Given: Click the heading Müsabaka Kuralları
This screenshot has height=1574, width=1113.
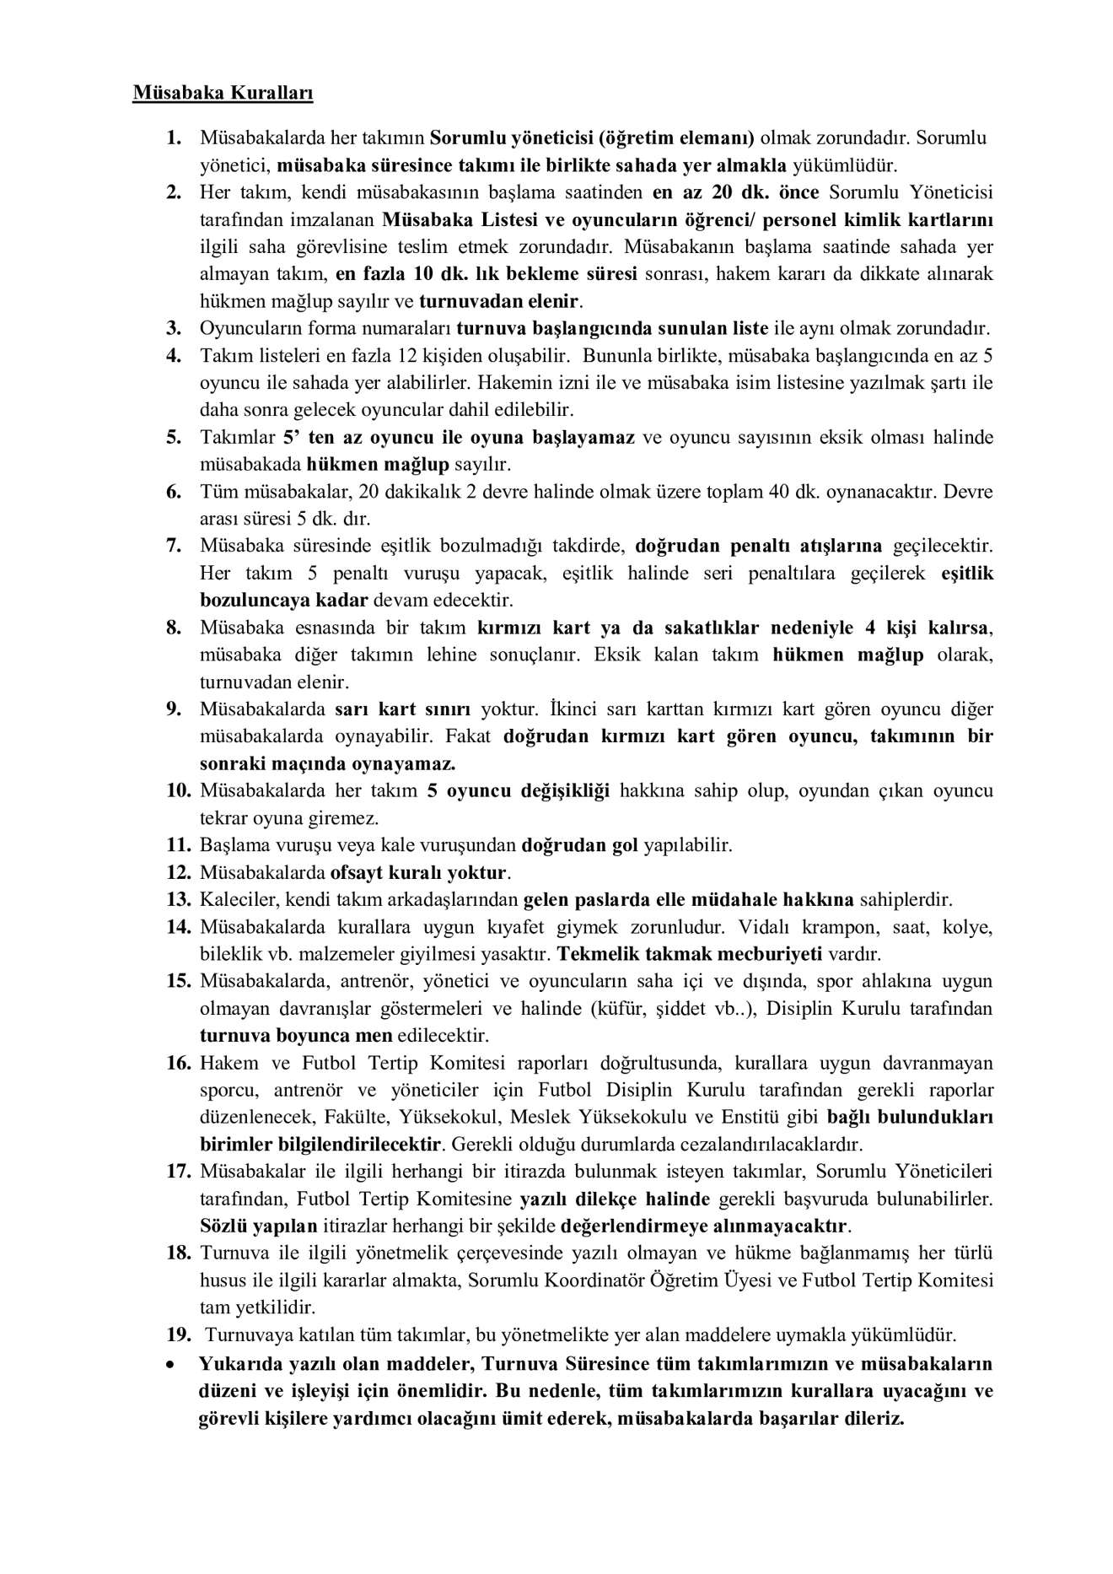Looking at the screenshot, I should (223, 93).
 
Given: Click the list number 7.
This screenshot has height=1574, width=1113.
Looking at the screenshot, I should (174, 546).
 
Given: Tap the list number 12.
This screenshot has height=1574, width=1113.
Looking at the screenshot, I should (179, 871).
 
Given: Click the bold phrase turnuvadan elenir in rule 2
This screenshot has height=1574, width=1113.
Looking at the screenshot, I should (499, 301).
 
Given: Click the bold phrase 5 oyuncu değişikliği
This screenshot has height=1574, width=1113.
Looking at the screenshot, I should (518, 790).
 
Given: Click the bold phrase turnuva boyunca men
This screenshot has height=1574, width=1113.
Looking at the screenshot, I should (296, 1035).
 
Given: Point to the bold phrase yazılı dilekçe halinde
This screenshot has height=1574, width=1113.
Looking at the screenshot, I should (615, 1199).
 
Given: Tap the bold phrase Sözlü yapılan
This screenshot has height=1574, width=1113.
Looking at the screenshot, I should (258, 1226).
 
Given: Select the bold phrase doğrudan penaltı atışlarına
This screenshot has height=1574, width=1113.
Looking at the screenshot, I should (758, 546).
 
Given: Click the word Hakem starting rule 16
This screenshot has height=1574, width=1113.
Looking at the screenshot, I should (225, 1062).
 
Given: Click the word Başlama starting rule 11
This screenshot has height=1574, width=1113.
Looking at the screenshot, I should (230, 844).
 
